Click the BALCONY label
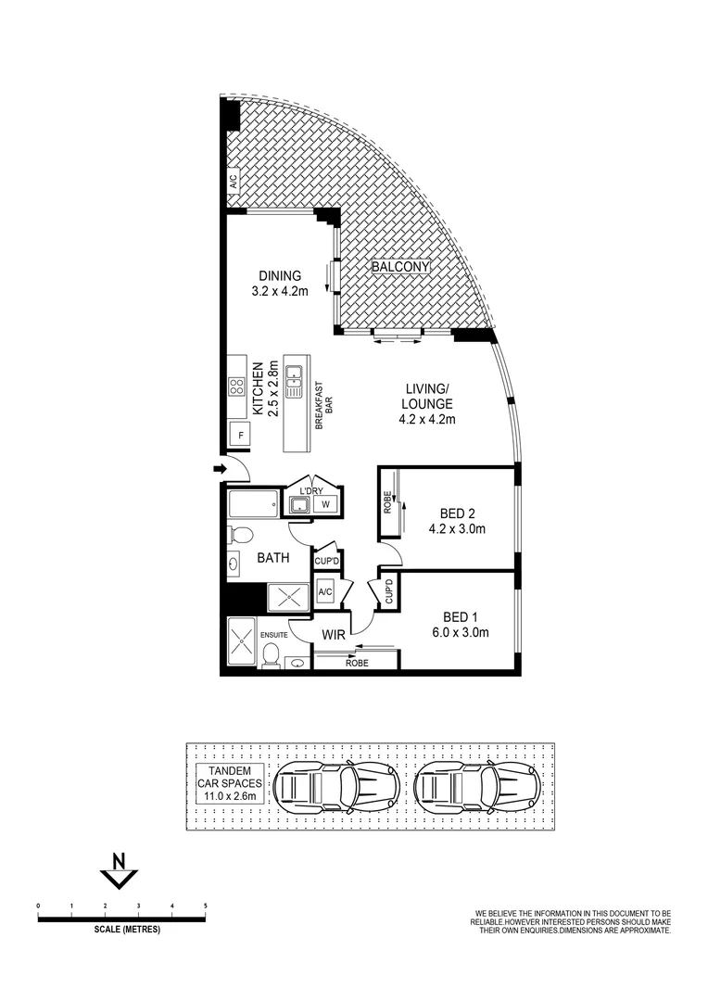pyautogui.click(x=401, y=267)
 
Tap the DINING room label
pyautogui.click(x=280, y=283)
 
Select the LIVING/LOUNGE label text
pyautogui.click(x=427, y=404)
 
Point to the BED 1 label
pyautogui.click(x=465, y=625)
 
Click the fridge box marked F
pyautogui.click(x=241, y=435)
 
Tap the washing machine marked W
pyautogui.click(x=325, y=504)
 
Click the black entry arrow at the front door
pyautogui.click(x=220, y=470)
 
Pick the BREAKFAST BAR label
pyautogui.click(x=321, y=404)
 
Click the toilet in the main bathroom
pyautogui.click(x=239, y=536)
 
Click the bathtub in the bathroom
pyautogui.click(x=253, y=506)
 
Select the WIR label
pyautogui.click(x=335, y=634)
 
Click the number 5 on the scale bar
pyautogui.click(x=205, y=904)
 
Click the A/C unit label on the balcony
pyautogui.click(x=233, y=181)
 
